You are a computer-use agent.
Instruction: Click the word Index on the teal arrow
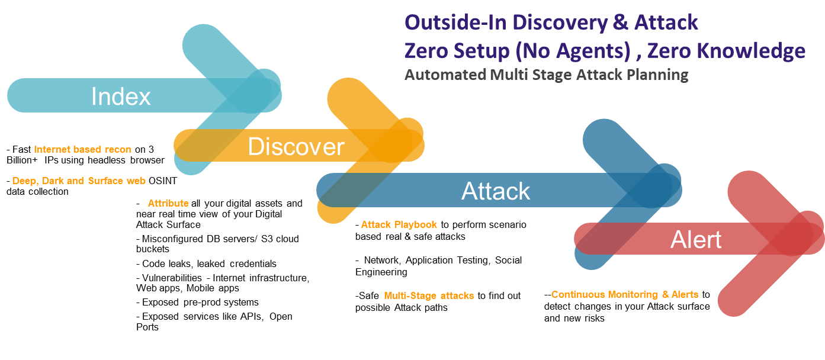(121, 97)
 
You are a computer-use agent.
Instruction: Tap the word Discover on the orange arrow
(296, 147)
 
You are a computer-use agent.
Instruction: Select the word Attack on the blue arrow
(496, 191)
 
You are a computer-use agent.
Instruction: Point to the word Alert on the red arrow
(696, 240)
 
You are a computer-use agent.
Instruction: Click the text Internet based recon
(82, 150)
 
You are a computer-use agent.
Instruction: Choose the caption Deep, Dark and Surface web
(79, 181)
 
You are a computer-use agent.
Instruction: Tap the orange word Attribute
(168, 203)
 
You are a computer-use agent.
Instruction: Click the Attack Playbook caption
(399, 224)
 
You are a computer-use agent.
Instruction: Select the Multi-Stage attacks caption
(429, 295)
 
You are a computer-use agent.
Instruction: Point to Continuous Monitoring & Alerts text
(625, 294)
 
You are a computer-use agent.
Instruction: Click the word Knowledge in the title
(751, 52)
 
